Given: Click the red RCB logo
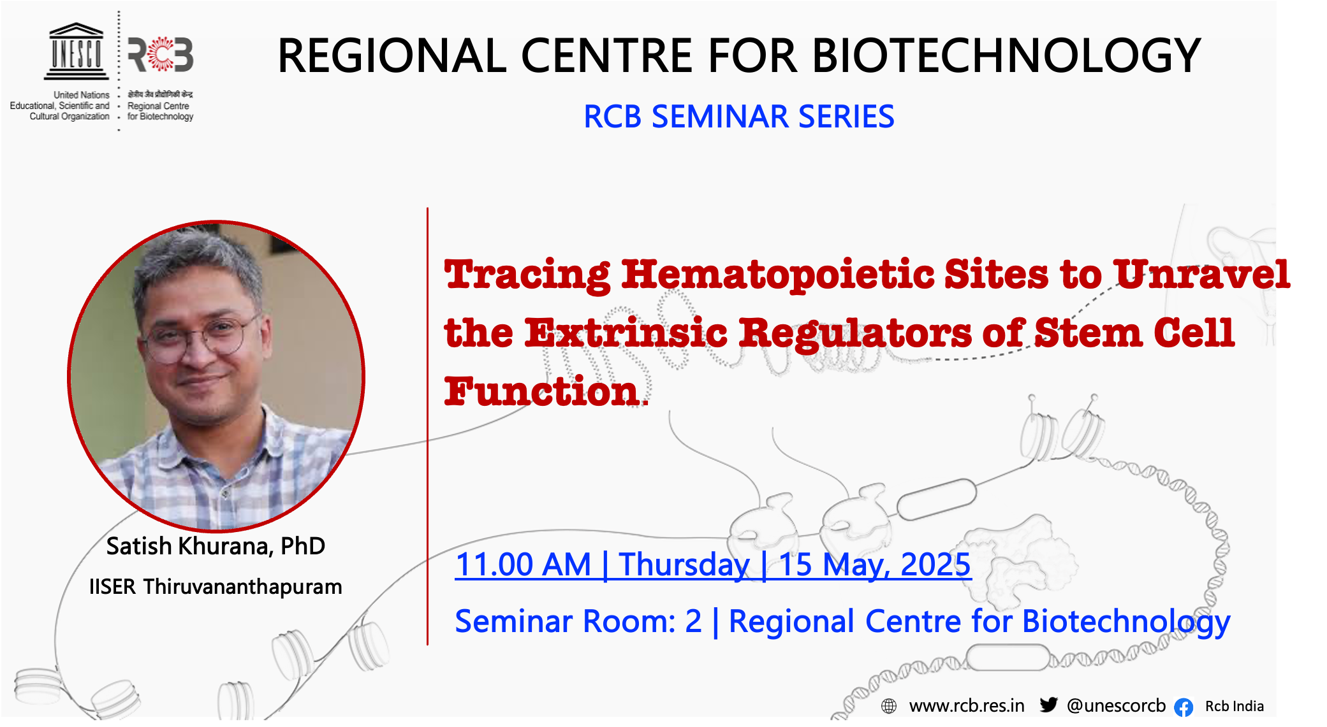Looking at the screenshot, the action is coord(161,54).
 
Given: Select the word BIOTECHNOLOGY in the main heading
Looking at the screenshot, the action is coord(1007,56).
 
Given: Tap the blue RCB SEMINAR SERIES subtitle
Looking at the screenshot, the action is coord(739,117).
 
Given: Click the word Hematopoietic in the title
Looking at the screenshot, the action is coord(778,275).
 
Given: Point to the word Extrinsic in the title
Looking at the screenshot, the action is coord(626,333).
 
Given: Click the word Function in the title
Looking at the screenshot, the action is coord(541,391).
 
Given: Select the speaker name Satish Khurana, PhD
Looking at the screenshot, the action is coord(216,547).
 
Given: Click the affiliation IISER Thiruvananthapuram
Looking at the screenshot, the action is coord(216,587).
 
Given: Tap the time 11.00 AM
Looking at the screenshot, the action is coord(523,565).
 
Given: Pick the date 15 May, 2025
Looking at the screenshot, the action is coord(875,565).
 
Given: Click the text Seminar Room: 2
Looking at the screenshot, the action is coord(578,621).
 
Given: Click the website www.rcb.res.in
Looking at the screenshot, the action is coord(967,706).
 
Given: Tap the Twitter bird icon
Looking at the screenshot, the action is coord(1048,705).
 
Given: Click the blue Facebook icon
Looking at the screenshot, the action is coord(1184,707).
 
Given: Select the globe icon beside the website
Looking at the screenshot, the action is coord(889,706).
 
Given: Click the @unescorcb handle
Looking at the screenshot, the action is coord(1116,706).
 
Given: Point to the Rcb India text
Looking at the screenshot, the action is coord(1235,707).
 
